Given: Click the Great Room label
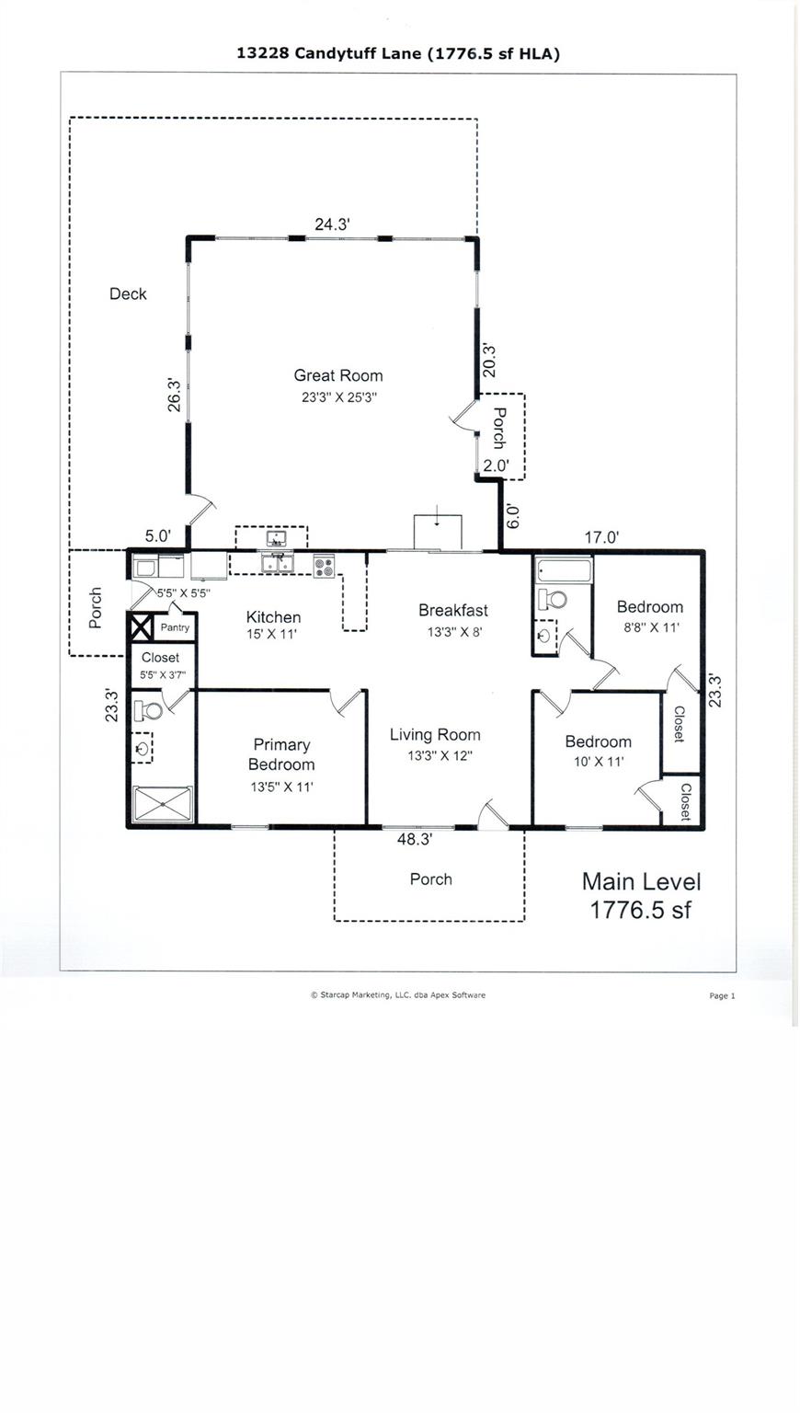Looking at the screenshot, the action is click(x=337, y=375).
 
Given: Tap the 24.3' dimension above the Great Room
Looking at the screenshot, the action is click(x=332, y=224).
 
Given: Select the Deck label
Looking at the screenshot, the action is click(x=128, y=294).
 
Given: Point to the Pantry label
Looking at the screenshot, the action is click(x=175, y=627).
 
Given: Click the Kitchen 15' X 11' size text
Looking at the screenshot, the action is click(x=271, y=635).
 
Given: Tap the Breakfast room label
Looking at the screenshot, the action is click(x=453, y=610).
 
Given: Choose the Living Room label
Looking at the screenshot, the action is click(x=435, y=735).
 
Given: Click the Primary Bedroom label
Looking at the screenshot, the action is click(x=281, y=754).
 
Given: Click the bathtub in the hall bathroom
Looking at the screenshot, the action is click(x=564, y=572).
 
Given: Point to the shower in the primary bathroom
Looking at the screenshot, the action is click(x=164, y=804).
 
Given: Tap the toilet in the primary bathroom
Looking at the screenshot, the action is click(x=149, y=711).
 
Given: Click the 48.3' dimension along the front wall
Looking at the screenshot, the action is click(x=414, y=839).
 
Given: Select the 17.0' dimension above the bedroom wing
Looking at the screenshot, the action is click(x=601, y=537).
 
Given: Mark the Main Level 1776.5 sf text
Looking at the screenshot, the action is click(x=641, y=896).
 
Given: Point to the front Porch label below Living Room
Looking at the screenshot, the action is click(x=431, y=879).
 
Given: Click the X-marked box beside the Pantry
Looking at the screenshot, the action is click(x=140, y=628).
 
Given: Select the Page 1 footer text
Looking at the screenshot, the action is click(x=722, y=996).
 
